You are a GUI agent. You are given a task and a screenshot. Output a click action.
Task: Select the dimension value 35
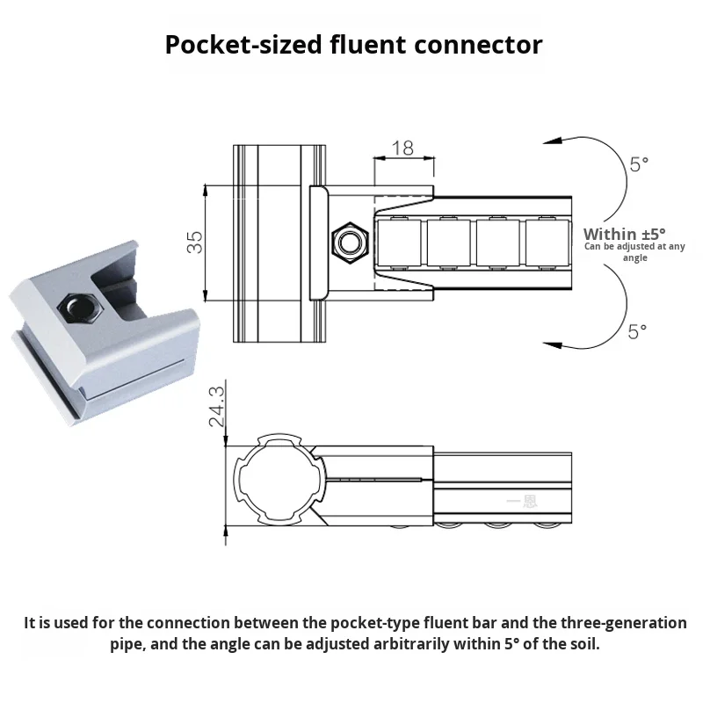(195, 242)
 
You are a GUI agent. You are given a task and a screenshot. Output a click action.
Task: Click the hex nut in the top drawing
(348, 240)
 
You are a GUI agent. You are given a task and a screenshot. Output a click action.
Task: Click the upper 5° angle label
(639, 163)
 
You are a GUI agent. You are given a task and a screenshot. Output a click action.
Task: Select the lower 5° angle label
(638, 331)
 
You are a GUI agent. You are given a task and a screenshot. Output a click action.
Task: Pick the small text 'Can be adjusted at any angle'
(634, 252)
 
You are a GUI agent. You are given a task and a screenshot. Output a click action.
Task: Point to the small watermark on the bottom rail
(522, 501)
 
